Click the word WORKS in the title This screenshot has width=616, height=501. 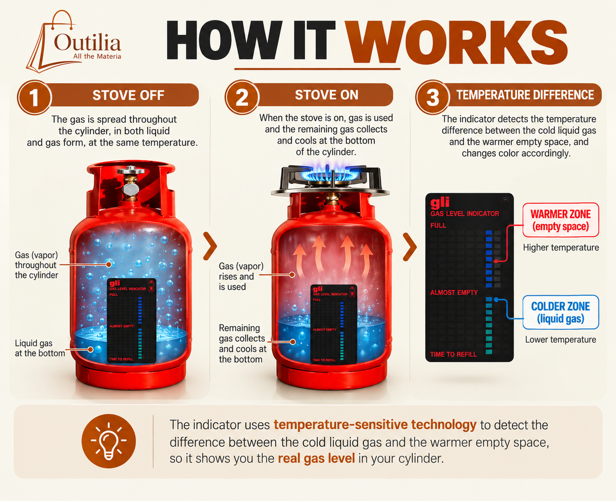coord(457,42)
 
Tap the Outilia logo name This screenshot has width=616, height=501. coord(87,43)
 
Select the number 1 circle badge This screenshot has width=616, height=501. coord(34,97)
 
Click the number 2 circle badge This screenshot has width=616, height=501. coord(242,97)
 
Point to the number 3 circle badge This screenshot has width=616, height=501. coord(433,97)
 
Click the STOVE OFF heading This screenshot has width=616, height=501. coord(128,95)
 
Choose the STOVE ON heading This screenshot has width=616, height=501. coord(326,95)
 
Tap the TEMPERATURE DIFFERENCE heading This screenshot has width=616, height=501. coord(525,95)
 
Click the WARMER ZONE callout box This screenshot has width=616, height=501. coord(561,220)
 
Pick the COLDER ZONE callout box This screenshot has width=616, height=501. coord(561,312)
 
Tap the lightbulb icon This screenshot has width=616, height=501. coord(108,441)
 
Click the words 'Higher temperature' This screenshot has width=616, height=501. coord(561,248)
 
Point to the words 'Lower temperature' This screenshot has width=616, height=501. coord(561,340)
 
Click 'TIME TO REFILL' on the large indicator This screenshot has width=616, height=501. coord(453,354)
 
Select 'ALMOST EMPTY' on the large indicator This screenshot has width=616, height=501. coord(454,293)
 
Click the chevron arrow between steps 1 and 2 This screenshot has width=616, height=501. coord(210,246)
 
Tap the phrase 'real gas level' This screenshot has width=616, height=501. coord(316,459)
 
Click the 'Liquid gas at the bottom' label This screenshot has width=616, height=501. coord(40,348)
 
